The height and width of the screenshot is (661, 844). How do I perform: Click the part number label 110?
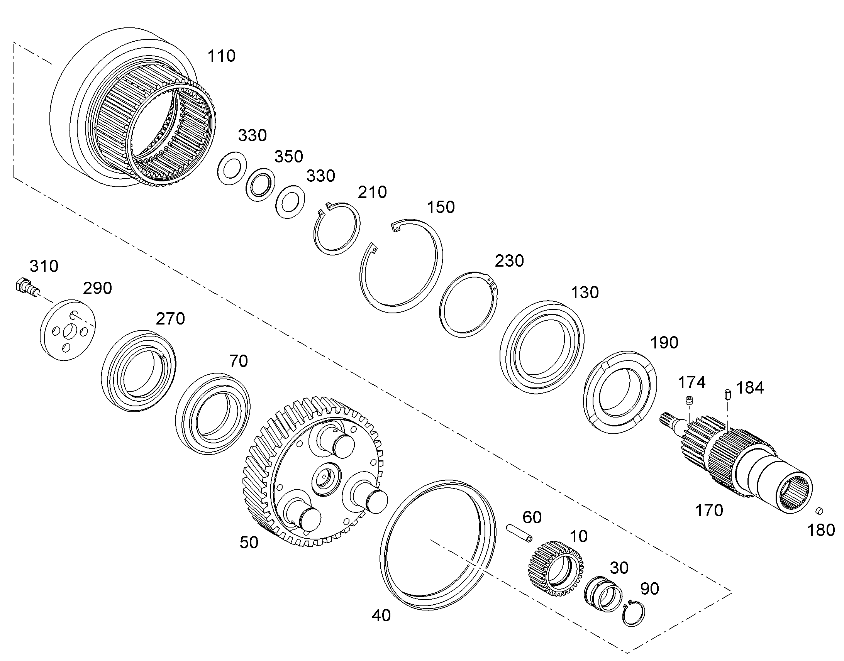(222, 56)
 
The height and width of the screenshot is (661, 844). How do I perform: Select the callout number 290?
(98, 288)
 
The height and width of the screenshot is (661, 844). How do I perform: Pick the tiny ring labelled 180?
(819, 511)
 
